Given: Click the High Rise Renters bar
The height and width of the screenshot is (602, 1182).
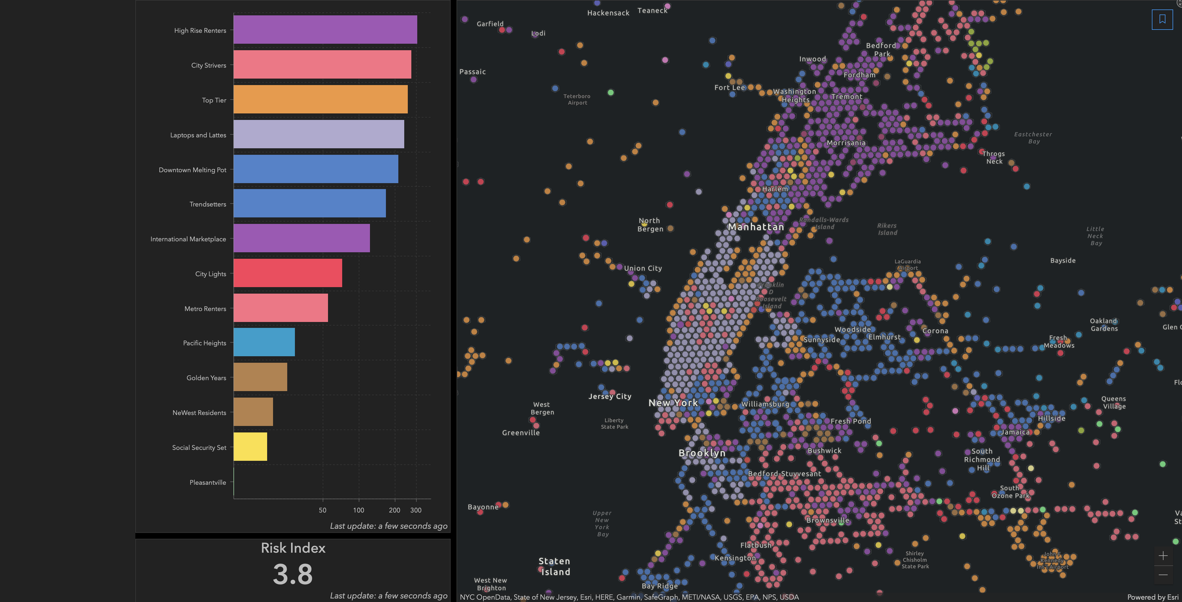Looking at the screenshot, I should click(325, 29).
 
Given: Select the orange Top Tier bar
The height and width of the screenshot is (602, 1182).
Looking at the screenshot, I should click(321, 99).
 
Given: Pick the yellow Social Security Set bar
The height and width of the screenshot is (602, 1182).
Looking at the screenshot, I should click(250, 447).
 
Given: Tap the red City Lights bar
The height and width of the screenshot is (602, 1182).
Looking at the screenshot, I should click(287, 273).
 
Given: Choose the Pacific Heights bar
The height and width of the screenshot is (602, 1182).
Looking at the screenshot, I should click(264, 342).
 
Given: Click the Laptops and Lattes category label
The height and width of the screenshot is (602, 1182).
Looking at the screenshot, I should click(198, 135).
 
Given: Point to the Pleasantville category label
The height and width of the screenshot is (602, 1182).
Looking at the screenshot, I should click(208, 482).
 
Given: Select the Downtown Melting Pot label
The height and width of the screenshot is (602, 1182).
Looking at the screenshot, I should click(192, 170).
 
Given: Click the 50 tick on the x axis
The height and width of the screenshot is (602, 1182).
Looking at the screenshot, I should click(322, 510).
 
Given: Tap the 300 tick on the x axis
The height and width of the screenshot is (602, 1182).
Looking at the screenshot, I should click(416, 510).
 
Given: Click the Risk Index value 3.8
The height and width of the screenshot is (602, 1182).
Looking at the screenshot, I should click(293, 575).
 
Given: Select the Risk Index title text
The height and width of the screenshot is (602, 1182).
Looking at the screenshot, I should click(293, 548).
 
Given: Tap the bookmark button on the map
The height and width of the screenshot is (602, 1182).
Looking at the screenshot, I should click(1162, 19).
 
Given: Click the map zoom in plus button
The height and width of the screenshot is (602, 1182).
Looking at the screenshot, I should click(1163, 556).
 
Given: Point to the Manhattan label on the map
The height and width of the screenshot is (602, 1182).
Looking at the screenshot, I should click(756, 227).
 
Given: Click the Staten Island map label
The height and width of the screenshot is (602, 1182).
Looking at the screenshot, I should click(555, 567).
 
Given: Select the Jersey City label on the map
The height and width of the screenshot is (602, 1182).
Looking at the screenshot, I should click(610, 396).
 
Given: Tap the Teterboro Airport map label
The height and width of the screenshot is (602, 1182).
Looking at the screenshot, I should click(577, 99).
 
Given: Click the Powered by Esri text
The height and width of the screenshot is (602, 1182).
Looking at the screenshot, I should click(1152, 597).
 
